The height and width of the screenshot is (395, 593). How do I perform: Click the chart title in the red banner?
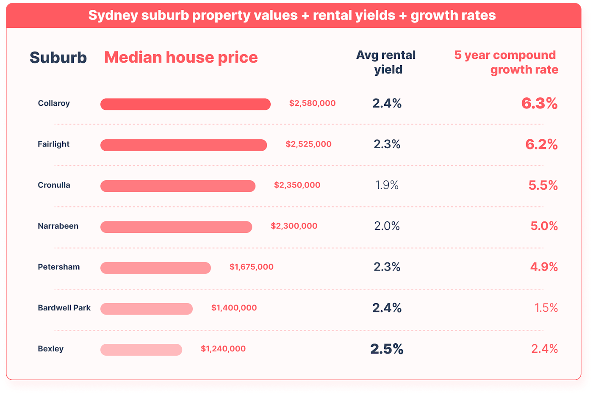[292, 15]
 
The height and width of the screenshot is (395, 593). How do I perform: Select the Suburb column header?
[58, 58]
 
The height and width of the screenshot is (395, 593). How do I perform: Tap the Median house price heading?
[181, 58]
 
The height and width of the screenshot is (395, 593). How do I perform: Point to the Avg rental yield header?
[386, 62]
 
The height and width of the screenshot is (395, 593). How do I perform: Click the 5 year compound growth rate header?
[506, 62]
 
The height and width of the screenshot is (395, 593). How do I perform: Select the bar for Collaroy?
[185, 104]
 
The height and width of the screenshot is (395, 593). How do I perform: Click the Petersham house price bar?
[155, 268]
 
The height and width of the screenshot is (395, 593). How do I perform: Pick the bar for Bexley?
[141, 349]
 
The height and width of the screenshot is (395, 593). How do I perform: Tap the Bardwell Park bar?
[147, 309]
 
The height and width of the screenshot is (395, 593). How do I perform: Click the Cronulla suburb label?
[54, 185]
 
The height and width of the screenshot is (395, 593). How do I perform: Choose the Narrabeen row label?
[58, 226]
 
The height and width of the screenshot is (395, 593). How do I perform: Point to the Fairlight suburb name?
[53, 144]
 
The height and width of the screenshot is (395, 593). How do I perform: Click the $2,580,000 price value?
[312, 103]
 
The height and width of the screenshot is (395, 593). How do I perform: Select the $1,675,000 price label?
[251, 267]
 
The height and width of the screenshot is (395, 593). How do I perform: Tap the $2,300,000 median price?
[294, 226]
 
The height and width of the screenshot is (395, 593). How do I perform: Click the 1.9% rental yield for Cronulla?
[387, 185]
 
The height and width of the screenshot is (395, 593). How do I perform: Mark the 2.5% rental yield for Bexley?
[387, 349]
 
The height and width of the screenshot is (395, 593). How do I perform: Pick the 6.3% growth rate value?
[539, 103]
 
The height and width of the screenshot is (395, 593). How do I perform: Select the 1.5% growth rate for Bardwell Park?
[546, 308]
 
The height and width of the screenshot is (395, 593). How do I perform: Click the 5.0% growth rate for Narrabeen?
[544, 226]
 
